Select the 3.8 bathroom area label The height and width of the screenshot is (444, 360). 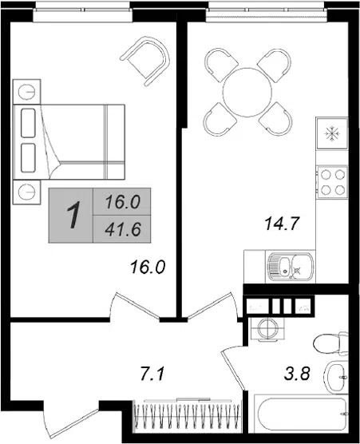(x=297, y=373)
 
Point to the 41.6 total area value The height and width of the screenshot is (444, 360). (x=123, y=229)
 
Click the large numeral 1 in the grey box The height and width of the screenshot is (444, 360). (x=73, y=215)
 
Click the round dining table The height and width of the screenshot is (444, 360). (x=247, y=93)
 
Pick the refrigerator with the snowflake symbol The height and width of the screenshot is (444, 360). (x=332, y=133)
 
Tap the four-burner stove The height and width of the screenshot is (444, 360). (x=332, y=182)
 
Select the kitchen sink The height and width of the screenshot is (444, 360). (x=291, y=266)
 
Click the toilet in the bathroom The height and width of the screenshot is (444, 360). (x=330, y=343)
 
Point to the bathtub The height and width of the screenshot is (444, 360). (x=301, y=414)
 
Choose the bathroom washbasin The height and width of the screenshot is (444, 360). (x=337, y=378)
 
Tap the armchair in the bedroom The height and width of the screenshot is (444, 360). (x=145, y=61)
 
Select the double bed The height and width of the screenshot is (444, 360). (x=69, y=141)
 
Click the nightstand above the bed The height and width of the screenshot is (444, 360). (x=27, y=92)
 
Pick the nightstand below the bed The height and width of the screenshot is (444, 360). (x=27, y=192)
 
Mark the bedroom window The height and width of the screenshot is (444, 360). (x=82, y=14)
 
